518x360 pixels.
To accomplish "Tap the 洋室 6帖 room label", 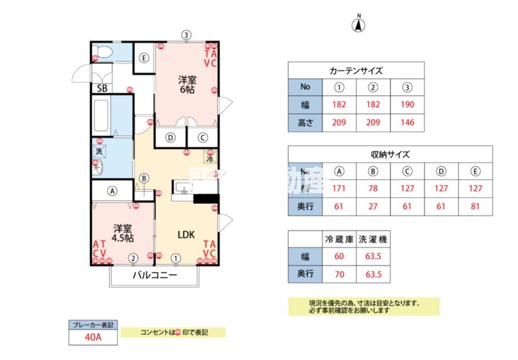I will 188,85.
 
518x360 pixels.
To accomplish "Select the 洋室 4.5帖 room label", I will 123,233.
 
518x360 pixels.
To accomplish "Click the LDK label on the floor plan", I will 187,234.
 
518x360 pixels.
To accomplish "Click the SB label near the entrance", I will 102,88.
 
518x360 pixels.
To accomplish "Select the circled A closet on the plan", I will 113,191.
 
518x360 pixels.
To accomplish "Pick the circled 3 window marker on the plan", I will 186,35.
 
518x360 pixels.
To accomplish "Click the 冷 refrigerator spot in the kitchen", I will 210,157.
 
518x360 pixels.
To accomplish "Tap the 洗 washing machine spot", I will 99,151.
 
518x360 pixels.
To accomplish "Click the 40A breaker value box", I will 91,337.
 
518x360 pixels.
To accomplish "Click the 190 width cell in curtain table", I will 407,105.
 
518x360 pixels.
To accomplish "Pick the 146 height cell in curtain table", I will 407,122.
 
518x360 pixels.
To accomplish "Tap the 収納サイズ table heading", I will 390,154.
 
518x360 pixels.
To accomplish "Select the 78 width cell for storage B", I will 373,189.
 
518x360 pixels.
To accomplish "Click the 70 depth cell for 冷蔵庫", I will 339,275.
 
